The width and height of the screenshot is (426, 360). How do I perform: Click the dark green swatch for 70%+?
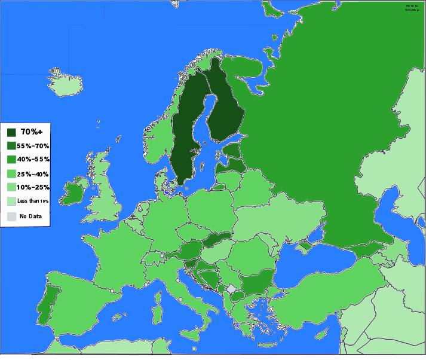(x=11, y=132)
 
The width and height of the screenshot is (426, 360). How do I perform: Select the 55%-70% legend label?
(x=33, y=146)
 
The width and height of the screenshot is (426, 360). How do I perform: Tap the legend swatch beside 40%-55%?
(x=11, y=160)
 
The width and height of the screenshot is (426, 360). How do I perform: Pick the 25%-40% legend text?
(x=33, y=174)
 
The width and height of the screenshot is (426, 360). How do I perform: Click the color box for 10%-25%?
(x=11, y=188)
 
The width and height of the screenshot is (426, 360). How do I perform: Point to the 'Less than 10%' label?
(x=33, y=201)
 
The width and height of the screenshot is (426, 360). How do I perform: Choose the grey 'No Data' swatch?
(x=11, y=216)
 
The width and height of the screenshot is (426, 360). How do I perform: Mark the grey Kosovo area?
(x=231, y=289)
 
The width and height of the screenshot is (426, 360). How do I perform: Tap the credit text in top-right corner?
(x=412, y=8)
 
